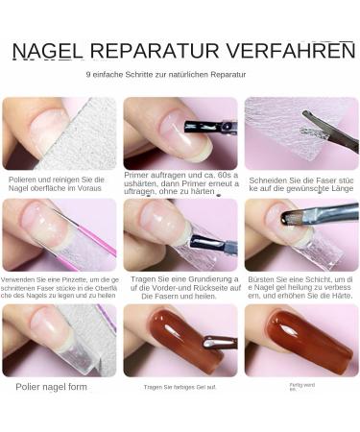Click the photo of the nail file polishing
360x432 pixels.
pyautogui.click(x=59, y=132)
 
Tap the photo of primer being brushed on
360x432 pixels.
pyautogui.click(x=180, y=132)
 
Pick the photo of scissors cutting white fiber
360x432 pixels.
pyautogui.click(x=300, y=132)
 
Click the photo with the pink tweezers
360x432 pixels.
pyautogui.click(x=59, y=235)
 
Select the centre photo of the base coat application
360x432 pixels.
pyautogui.click(x=180, y=235)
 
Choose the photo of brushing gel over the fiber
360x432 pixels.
pyautogui.click(x=300, y=235)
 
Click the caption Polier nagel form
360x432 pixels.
pyautogui.click(x=51, y=387)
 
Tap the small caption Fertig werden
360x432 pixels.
pyautogui.click(x=301, y=386)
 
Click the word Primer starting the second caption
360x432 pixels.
pyautogui.click(x=137, y=175)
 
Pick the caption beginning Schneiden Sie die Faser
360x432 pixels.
pyautogui.click(x=301, y=184)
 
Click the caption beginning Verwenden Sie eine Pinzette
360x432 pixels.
pyautogui.click(x=60, y=287)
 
